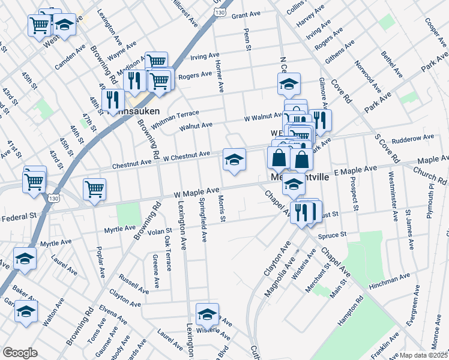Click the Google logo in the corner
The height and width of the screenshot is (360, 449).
(x=20, y=353)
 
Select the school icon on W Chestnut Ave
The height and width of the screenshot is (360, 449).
(x=234, y=160)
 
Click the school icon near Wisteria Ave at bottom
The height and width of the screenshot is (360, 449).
(x=207, y=314)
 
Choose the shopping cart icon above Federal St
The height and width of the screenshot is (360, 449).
(x=95, y=190)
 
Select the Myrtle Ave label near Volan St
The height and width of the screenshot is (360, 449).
(x=119, y=229)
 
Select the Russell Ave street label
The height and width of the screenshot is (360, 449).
(x=133, y=283)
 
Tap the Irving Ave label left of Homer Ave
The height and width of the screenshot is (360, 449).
(x=205, y=56)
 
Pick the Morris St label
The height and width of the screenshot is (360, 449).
(x=221, y=208)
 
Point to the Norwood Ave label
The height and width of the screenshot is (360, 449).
(x=366, y=76)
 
